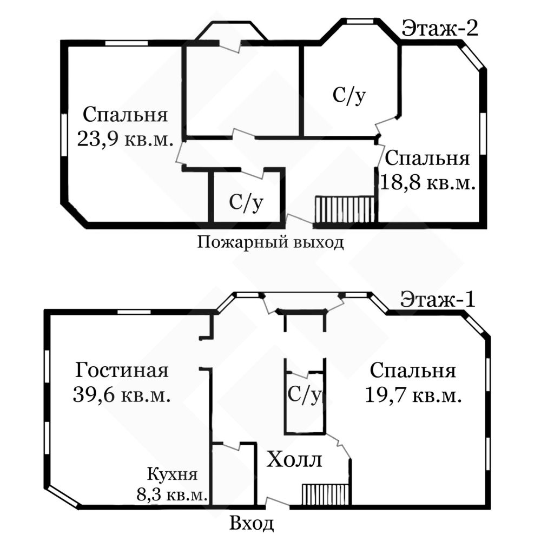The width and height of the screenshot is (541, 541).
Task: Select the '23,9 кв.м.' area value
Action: tap(125, 139)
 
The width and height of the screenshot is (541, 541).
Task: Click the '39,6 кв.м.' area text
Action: tap(122, 394)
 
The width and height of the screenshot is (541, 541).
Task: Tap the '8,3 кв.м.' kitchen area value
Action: tap(172, 495)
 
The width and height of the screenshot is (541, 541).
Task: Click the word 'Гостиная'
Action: tap(122, 370)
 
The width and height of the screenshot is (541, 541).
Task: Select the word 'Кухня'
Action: tap(172, 474)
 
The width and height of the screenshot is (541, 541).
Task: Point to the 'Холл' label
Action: tap(294, 460)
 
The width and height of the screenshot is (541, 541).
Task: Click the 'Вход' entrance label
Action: tap(252, 523)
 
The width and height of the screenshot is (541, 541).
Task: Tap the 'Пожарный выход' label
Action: tap(270, 242)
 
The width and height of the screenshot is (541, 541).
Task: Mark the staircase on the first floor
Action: tap(326, 494)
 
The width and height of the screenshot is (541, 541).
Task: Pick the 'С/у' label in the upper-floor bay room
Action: tap(349, 95)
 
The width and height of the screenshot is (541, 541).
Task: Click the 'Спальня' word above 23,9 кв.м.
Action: tap(125, 115)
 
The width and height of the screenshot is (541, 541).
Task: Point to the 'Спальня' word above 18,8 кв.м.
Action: tap(427, 159)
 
